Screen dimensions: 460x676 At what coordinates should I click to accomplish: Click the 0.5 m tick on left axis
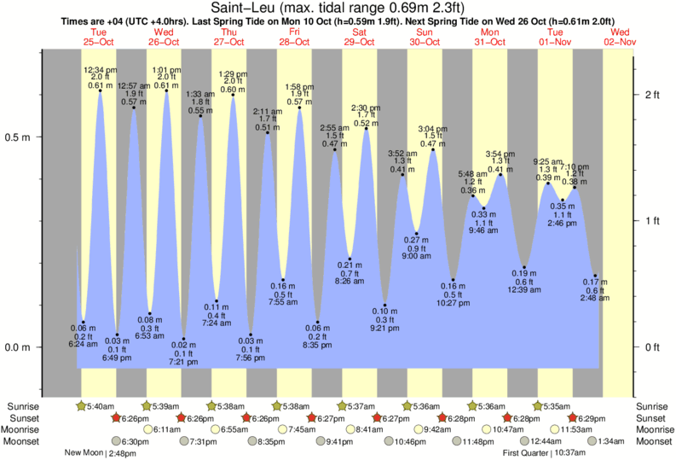17,137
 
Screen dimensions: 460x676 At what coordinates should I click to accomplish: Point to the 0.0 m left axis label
17,347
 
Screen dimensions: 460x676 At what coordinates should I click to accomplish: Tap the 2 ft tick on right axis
652,95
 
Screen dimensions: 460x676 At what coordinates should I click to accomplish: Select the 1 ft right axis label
652,221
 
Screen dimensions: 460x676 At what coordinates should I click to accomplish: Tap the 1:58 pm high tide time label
299,87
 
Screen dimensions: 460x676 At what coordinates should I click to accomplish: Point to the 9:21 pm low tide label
384,328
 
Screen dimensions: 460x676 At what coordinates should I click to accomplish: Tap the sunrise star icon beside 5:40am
81,405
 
